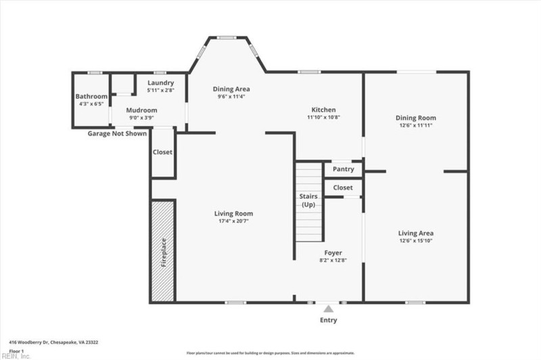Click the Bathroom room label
point(91,97)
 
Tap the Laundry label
point(161,83)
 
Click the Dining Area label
point(231,89)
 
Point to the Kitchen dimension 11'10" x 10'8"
point(323,117)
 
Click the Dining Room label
point(415,118)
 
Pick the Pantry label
point(343,169)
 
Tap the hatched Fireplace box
point(163,251)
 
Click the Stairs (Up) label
point(309,200)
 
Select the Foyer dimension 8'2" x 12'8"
point(328,261)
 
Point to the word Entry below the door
point(328,320)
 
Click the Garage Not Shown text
point(117,133)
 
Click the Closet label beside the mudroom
point(162,152)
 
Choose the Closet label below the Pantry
point(343,187)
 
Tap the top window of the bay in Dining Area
point(227,37)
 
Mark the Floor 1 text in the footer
point(16,351)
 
